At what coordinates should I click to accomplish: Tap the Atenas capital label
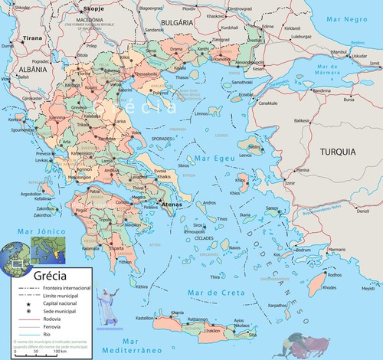click(169, 205)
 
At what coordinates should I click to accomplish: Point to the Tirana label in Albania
click(32, 37)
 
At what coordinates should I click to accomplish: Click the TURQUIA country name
click(336, 152)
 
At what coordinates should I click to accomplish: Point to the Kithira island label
click(140, 286)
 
